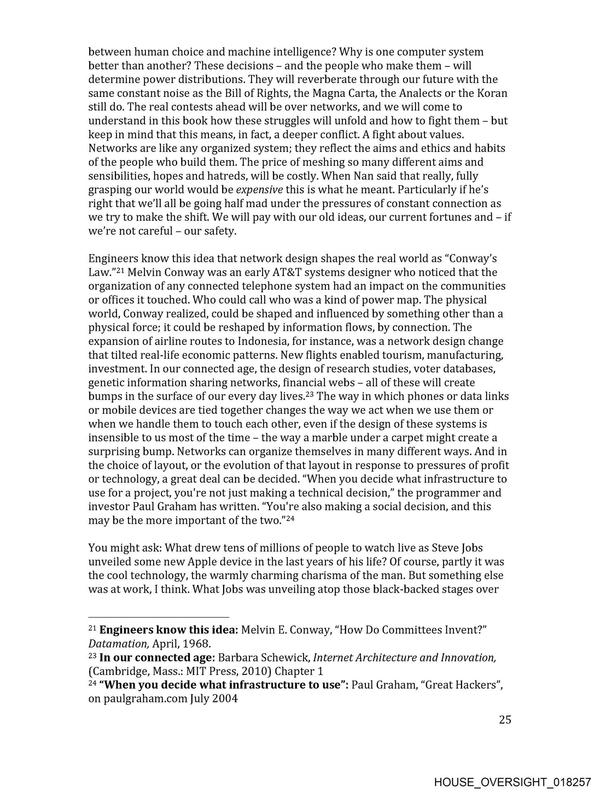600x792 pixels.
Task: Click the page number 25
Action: coord(505,719)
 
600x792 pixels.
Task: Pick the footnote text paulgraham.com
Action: coord(145,700)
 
